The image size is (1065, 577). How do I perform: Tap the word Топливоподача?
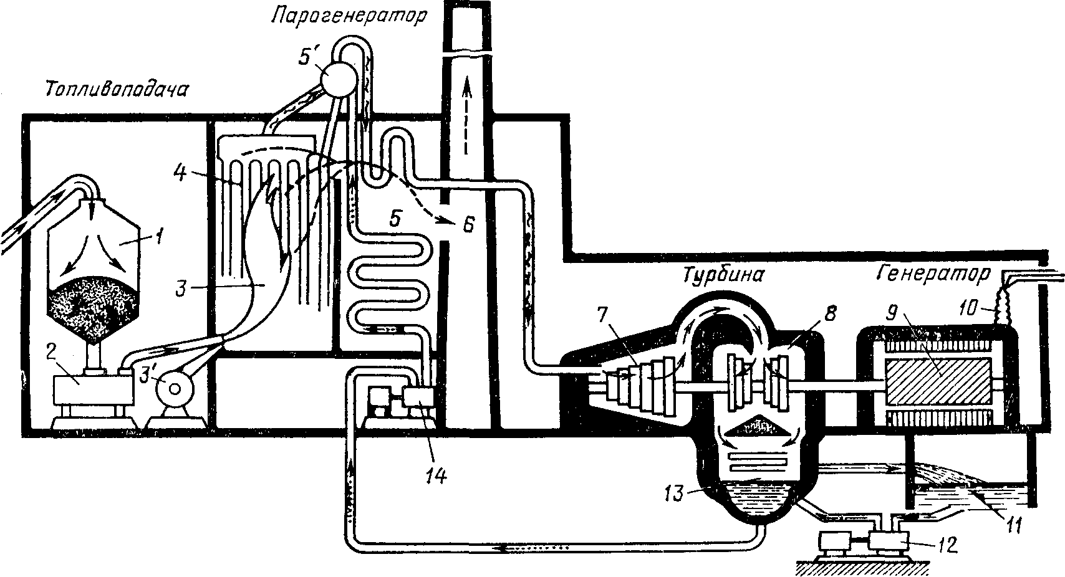(116, 90)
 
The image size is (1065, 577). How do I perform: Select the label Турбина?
(724, 275)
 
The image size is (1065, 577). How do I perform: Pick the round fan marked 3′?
(175, 389)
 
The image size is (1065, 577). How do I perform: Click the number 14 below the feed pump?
(437, 475)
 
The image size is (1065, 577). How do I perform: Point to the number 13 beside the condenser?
(673, 494)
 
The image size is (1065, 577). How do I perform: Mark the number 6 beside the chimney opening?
(469, 224)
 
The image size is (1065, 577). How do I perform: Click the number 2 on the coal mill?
(51, 350)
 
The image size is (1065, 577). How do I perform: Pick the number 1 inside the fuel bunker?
(159, 236)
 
